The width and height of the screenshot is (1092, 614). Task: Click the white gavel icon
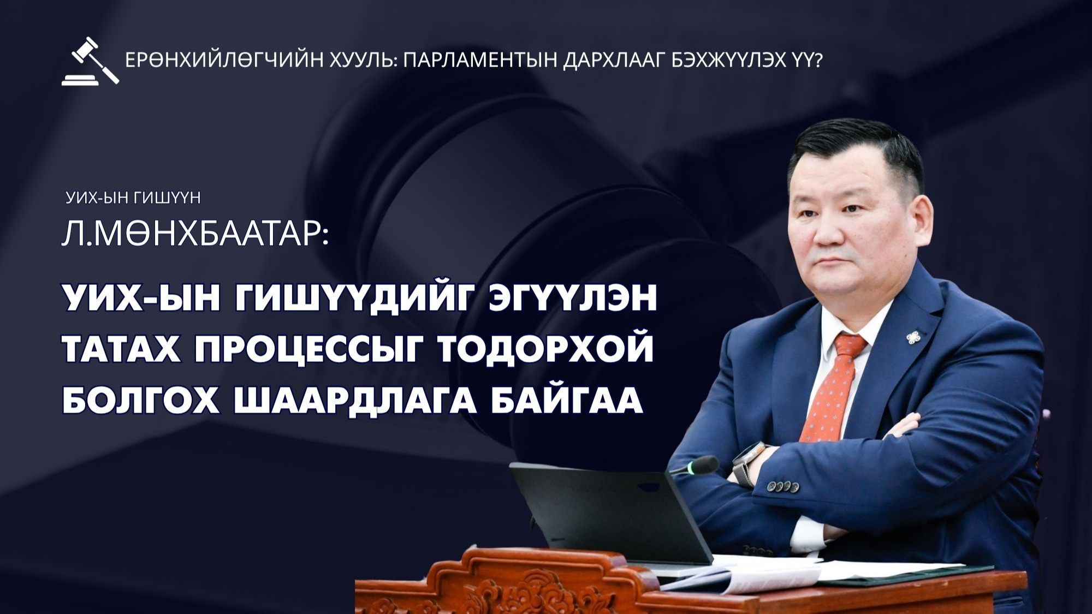[90, 61]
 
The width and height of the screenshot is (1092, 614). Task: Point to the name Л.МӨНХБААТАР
[195, 235]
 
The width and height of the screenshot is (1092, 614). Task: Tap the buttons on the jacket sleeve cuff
[782, 485]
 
